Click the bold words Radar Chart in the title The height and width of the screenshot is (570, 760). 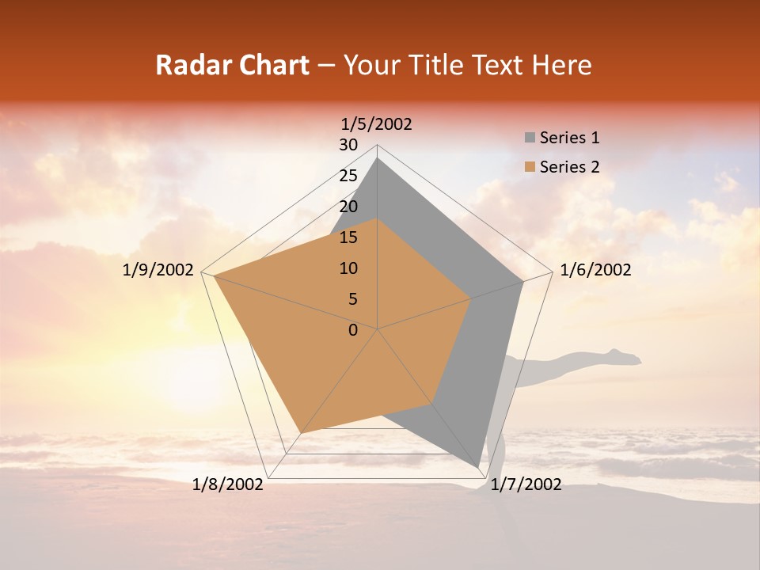point(232,66)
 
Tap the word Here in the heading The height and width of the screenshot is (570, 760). point(560,66)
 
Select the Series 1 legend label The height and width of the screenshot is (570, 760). point(569,138)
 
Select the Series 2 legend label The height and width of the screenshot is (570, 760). point(569,167)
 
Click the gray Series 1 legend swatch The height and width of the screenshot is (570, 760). point(530,139)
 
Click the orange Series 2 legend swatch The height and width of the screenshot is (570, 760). point(530,167)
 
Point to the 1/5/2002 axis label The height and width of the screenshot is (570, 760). point(377,123)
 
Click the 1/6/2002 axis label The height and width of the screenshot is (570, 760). point(595,270)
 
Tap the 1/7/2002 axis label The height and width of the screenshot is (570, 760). point(526,484)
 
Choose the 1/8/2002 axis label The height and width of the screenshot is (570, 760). point(228,484)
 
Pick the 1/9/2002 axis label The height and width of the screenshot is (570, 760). point(158,270)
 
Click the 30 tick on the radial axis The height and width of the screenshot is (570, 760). point(348,145)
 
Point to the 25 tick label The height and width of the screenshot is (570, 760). point(348,176)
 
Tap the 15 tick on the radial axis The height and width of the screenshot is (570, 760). point(348,237)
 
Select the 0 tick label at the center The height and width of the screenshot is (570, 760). point(353,330)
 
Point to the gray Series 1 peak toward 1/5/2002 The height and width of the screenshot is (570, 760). point(378,158)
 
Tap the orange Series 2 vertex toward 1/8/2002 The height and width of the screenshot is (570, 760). point(300,433)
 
